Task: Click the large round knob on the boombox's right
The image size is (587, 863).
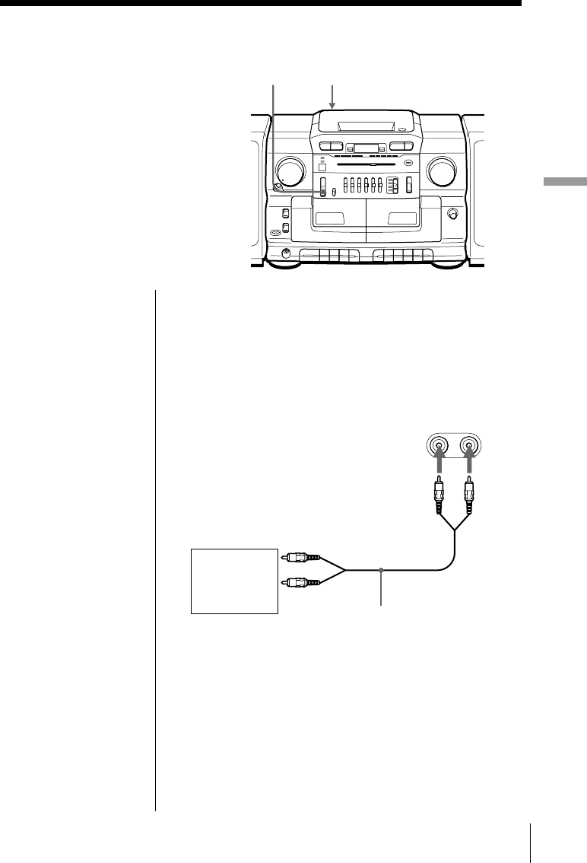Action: (x=441, y=172)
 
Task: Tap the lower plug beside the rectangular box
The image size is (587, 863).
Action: (x=297, y=583)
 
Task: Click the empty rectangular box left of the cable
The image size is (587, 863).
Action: (x=233, y=580)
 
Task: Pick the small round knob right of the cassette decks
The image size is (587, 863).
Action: (x=454, y=214)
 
